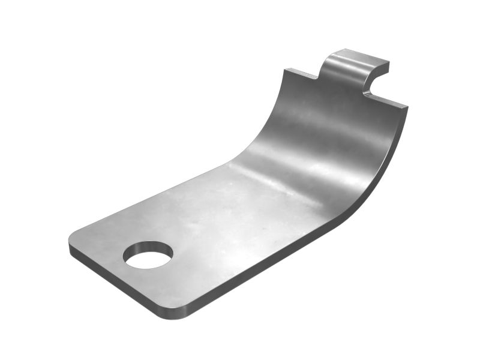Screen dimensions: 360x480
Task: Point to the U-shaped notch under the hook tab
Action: click(x=373, y=88)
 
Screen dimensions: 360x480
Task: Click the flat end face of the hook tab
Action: click(x=380, y=68)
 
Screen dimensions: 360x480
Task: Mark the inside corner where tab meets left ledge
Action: click(x=319, y=79)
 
